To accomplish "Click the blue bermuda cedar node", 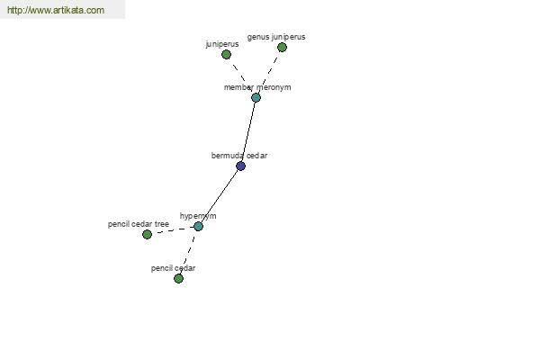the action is pyautogui.click(x=240, y=166).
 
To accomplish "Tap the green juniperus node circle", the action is pyautogui.click(x=226, y=54).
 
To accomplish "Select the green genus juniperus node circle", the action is pyautogui.click(x=282, y=47).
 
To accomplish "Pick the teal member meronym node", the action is pyautogui.click(x=256, y=97).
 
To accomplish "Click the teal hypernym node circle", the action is pyautogui.click(x=198, y=226).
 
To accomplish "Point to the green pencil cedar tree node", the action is pyautogui.click(x=147, y=234).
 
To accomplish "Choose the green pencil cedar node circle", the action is pyautogui.click(x=178, y=278).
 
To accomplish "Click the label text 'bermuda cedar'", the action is pyautogui.click(x=239, y=156).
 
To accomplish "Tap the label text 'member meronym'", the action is pyautogui.click(x=257, y=87).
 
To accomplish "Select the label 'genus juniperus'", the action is pyautogui.click(x=276, y=37).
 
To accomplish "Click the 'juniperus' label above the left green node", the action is pyautogui.click(x=222, y=44).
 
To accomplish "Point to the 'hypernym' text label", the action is pyautogui.click(x=198, y=216).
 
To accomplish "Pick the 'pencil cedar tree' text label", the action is pyautogui.click(x=139, y=224).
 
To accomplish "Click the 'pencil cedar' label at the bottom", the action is pyautogui.click(x=173, y=268).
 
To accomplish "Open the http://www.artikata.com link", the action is pyautogui.click(x=56, y=10).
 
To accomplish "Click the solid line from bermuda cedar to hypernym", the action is pyautogui.click(x=220, y=196).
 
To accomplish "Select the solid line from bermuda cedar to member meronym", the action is pyautogui.click(x=248, y=132).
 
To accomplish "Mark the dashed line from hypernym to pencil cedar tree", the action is pyautogui.click(x=173, y=230).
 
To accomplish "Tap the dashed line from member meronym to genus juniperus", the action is pyautogui.click(x=269, y=72).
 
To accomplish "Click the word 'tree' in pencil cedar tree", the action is pyautogui.click(x=162, y=224).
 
